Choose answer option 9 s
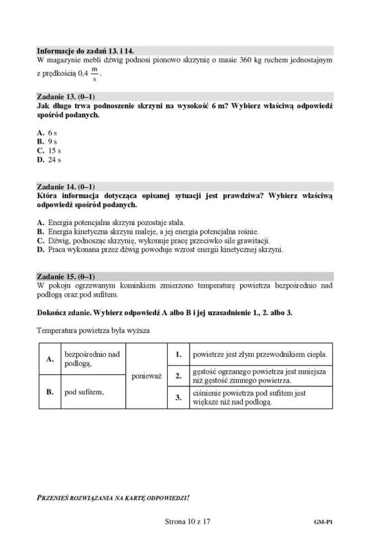tap(48, 141)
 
